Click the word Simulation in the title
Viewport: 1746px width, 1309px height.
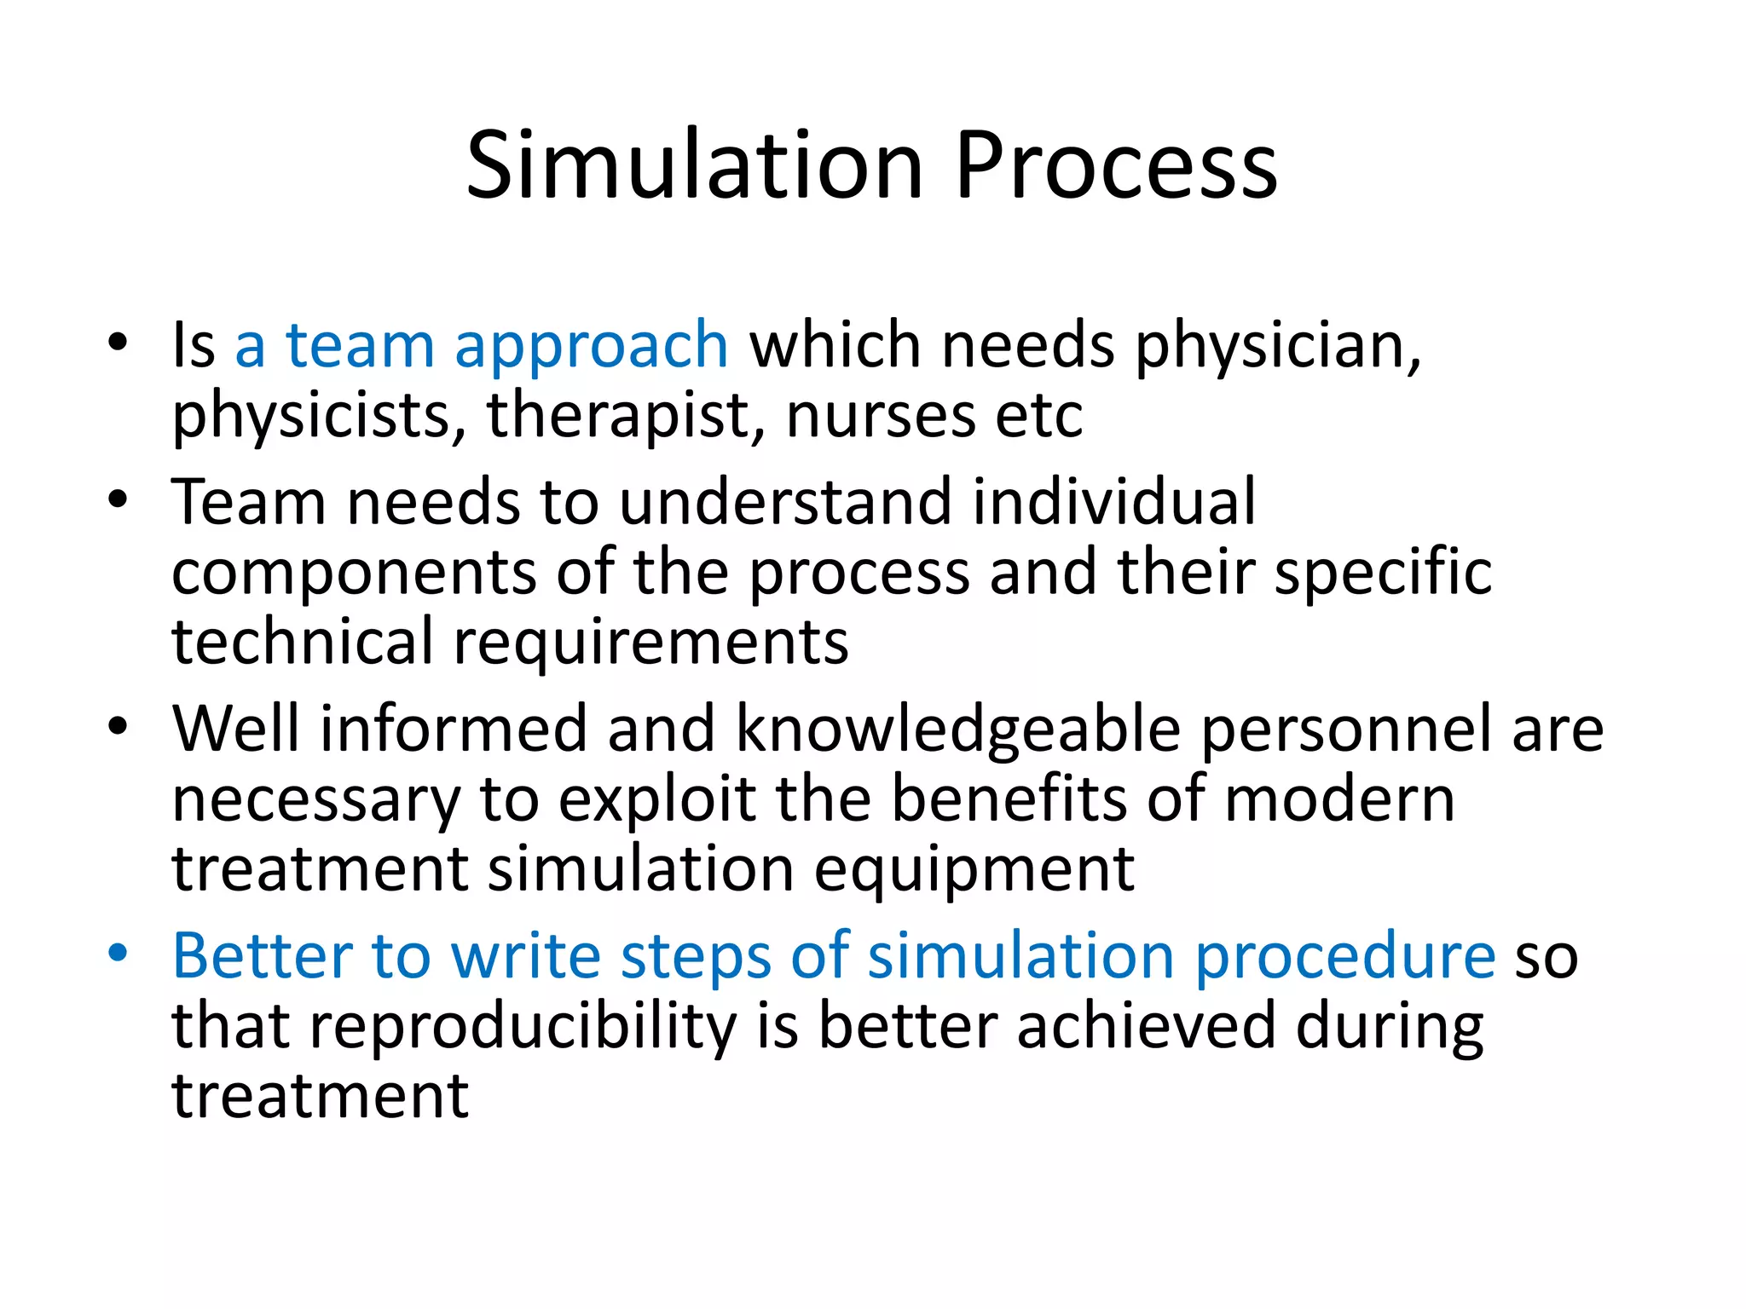click(x=695, y=166)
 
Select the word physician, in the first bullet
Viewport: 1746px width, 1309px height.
click(x=1278, y=348)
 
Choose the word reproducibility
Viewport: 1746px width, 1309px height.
click(x=523, y=1028)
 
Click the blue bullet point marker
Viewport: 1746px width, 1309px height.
click(x=118, y=952)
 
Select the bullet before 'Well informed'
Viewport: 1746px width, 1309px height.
click(x=118, y=726)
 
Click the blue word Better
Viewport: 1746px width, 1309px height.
click(x=263, y=956)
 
